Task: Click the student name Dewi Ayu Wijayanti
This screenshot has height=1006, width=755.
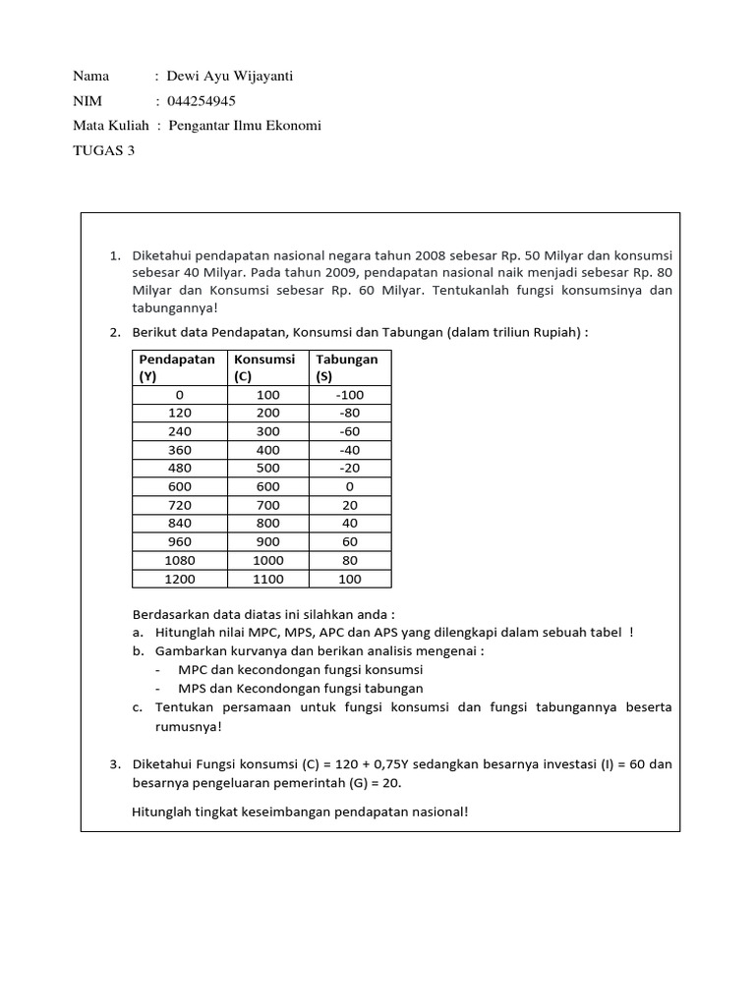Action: (x=230, y=76)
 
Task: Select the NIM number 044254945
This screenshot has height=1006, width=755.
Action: (x=202, y=100)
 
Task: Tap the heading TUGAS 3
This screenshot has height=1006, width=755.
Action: (x=103, y=150)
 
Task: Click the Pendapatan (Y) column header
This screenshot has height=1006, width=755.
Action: (x=177, y=367)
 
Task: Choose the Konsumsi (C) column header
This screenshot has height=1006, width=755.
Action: (x=264, y=367)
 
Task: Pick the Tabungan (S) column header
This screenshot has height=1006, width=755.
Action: (x=347, y=367)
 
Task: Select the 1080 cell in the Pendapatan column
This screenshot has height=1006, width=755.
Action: (x=180, y=560)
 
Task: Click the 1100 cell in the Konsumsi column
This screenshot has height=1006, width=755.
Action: (x=268, y=579)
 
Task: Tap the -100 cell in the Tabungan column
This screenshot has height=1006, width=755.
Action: (x=350, y=395)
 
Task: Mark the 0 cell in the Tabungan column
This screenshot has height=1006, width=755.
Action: (x=350, y=486)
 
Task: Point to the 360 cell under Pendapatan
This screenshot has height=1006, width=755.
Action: (x=180, y=450)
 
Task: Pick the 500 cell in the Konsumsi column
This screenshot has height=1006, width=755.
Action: (x=268, y=468)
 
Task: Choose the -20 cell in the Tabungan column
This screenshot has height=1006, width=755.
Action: (x=350, y=468)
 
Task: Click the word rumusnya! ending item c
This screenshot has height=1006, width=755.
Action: (x=189, y=727)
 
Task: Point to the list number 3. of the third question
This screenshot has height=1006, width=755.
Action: (x=115, y=763)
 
